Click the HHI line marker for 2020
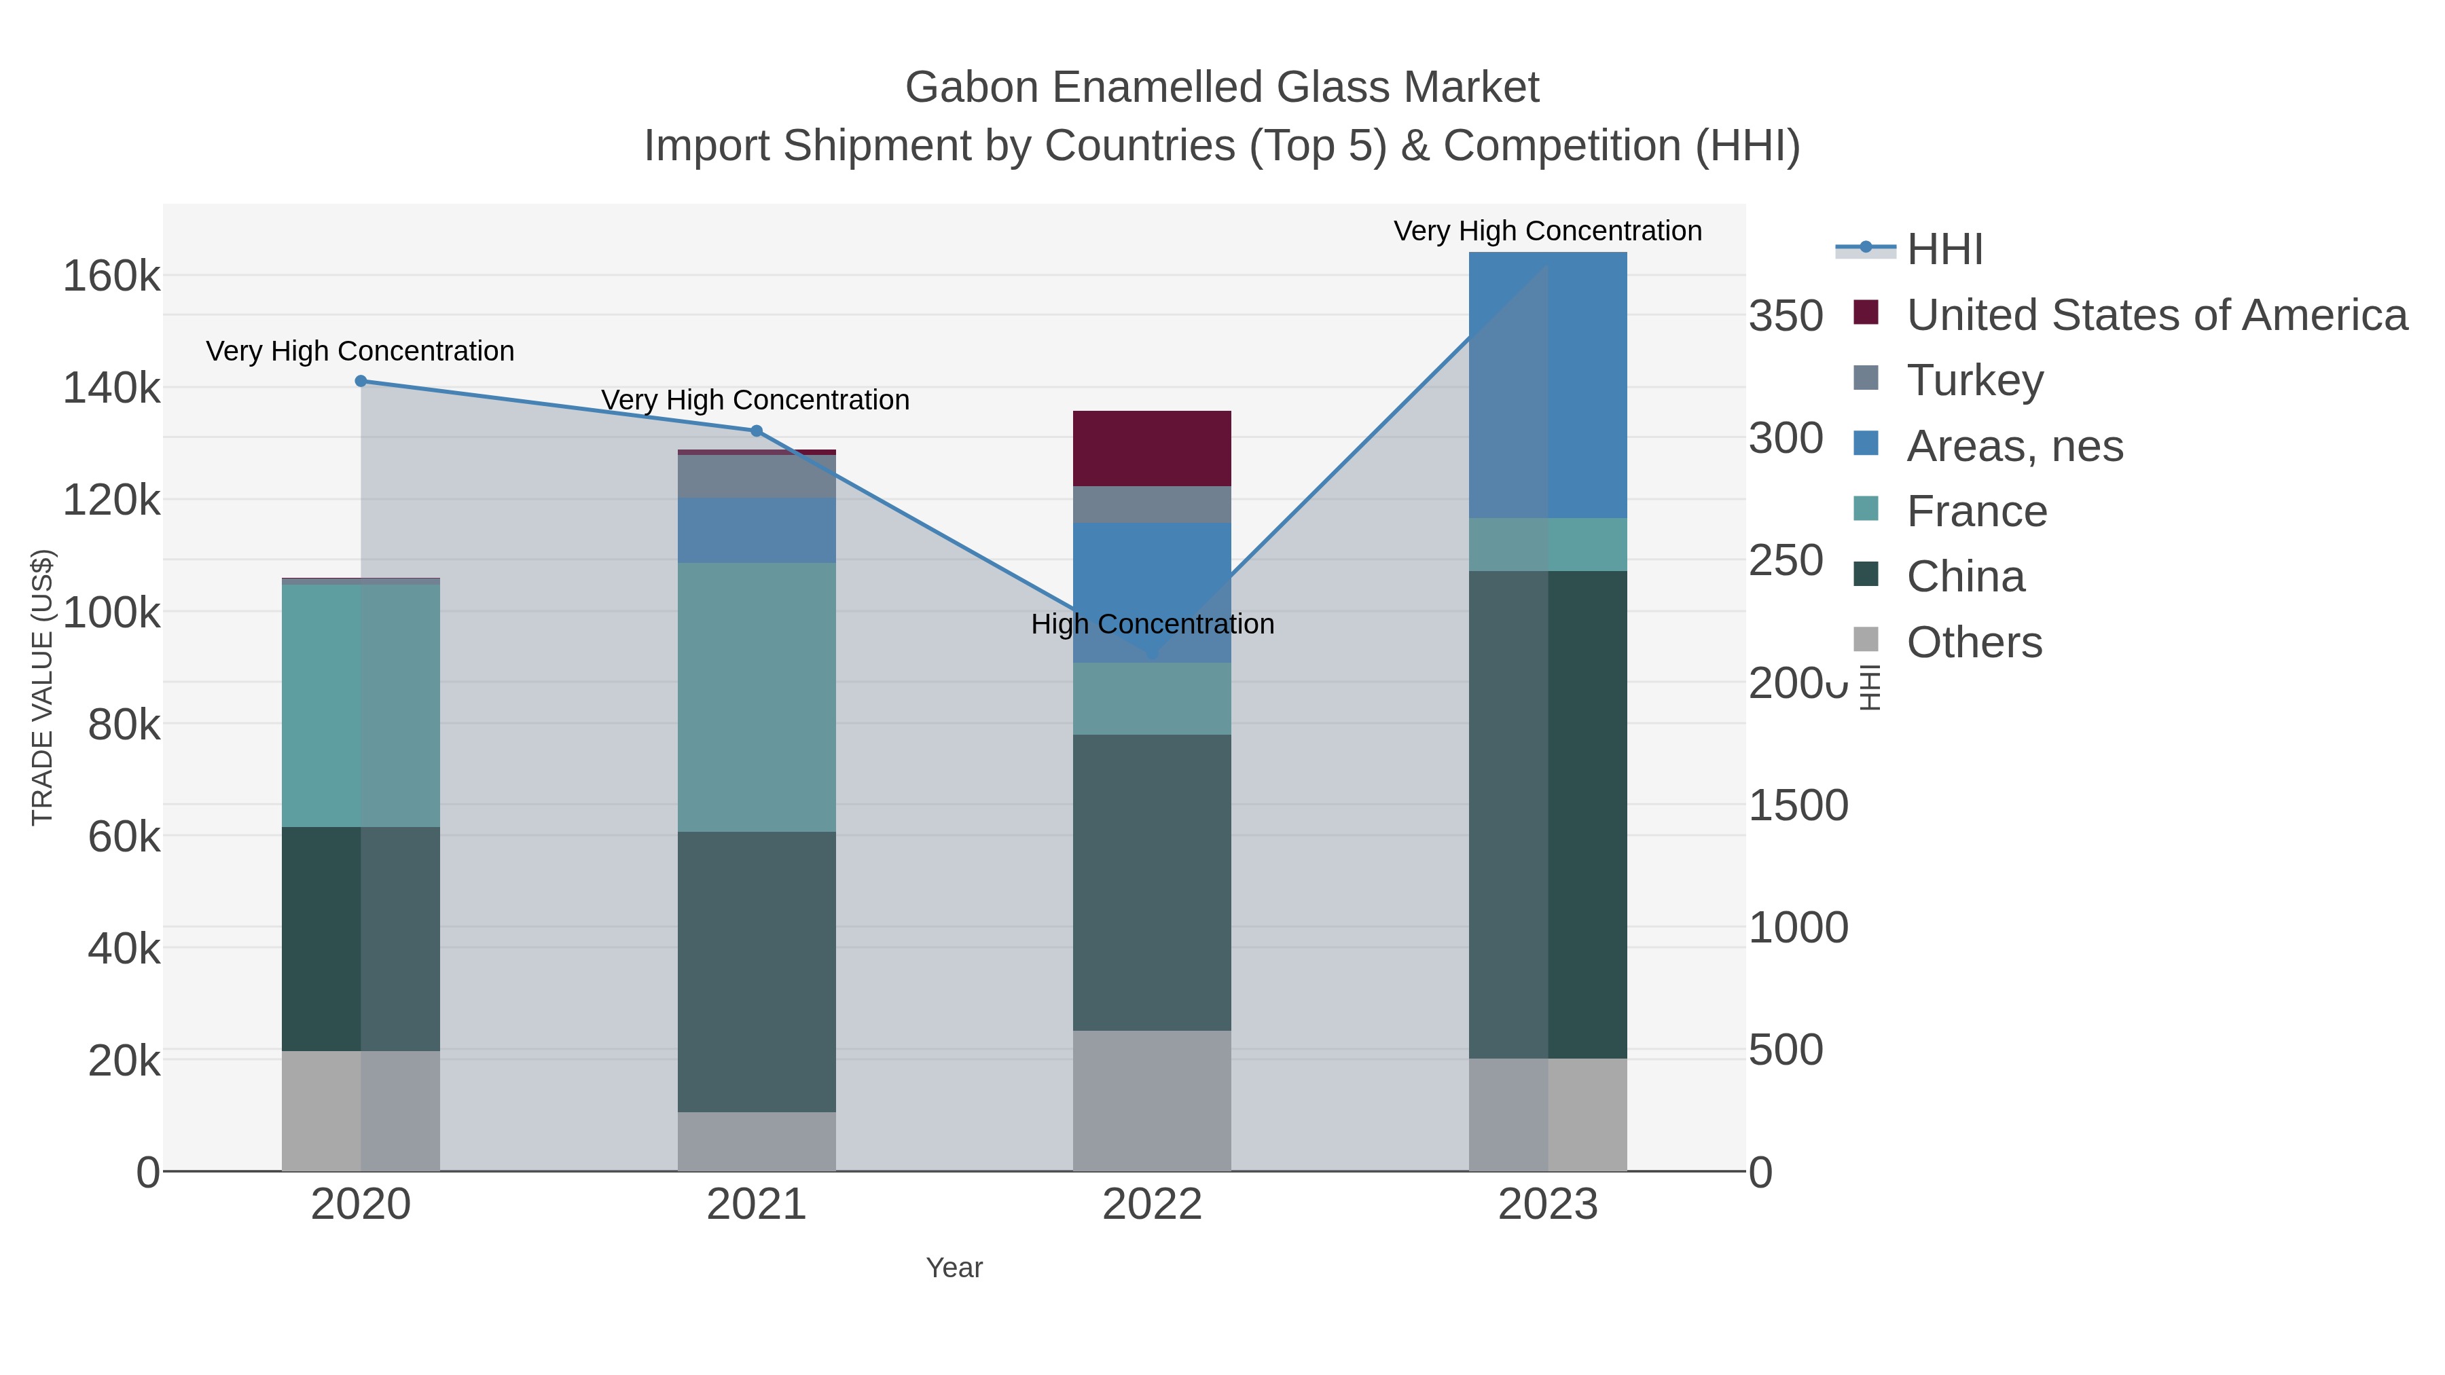coord(361,382)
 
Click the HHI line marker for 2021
coord(757,430)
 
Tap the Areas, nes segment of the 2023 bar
coord(1548,384)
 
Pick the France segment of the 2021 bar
coord(757,697)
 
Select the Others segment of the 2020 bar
coord(361,1110)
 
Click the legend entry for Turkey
coord(1974,380)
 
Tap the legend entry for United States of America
coord(2154,315)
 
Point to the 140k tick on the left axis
coord(111,388)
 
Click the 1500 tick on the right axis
coord(1798,805)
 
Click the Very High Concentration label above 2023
coord(1547,232)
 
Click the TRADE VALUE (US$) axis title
coord(43,687)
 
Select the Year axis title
coord(954,1268)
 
